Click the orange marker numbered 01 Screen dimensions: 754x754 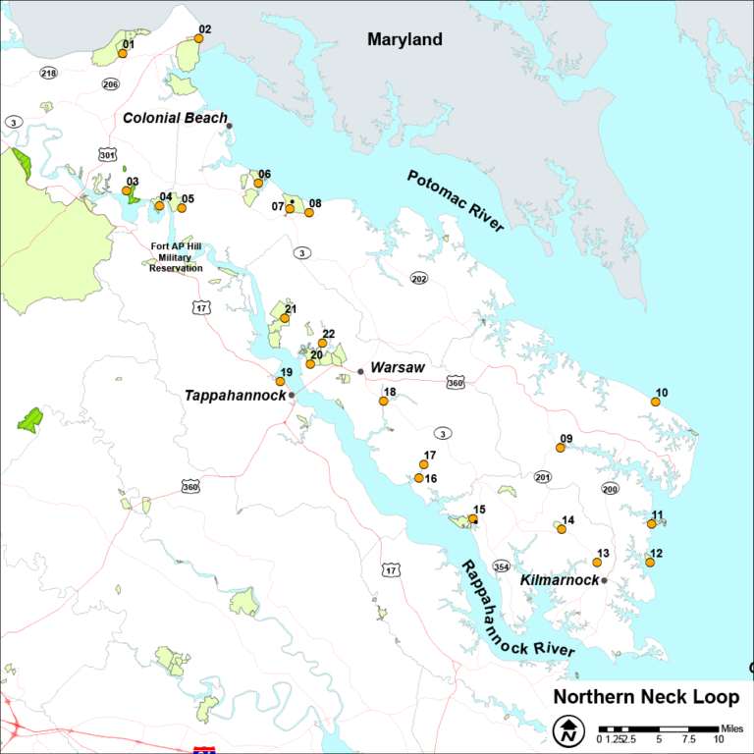pos(123,53)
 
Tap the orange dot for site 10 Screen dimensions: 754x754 pos(655,402)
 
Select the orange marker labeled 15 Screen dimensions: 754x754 pos(473,518)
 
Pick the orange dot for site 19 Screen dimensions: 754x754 pos(281,382)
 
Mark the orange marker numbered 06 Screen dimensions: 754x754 pos(258,183)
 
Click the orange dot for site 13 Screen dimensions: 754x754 pos(597,562)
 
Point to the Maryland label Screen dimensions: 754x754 pos(404,40)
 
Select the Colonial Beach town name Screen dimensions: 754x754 pos(175,118)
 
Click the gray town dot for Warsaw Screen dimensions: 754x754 pos(360,371)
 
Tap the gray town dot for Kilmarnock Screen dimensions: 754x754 pos(605,580)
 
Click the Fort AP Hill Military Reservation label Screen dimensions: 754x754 pos(177,257)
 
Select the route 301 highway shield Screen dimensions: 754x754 pos(107,154)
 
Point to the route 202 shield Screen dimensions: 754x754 pos(419,278)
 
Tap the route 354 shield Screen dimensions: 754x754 pos(501,566)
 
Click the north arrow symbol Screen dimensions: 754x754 pos(567,731)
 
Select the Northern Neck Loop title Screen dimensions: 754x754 pos(646,697)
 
